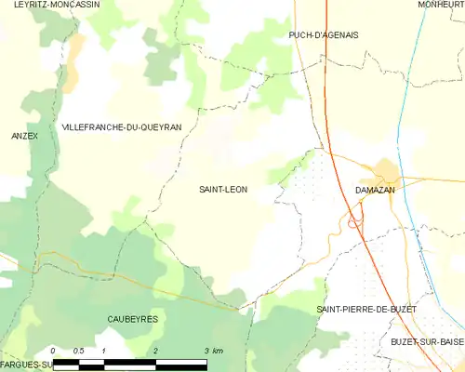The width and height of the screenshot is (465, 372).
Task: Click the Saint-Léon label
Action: [x=223, y=189]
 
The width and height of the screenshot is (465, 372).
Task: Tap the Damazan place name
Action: [x=375, y=189]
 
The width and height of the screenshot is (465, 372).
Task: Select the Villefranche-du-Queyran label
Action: [x=121, y=126]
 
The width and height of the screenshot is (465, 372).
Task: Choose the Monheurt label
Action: [x=440, y=5]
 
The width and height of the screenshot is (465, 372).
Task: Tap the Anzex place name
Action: [x=24, y=136]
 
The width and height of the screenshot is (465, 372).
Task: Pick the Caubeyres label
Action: [x=134, y=319]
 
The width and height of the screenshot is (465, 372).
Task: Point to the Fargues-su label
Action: [x=25, y=364]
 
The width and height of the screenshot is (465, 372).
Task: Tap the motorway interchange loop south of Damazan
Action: [x=353, y=222]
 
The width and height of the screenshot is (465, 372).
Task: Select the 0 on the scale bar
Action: [x=53, y=351]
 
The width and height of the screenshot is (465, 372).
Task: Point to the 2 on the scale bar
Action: [x=155, y=351]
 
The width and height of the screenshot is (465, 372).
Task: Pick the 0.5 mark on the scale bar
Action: [x=78, y=351]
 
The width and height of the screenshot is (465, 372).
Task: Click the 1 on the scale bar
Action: [x=104, y=351]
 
